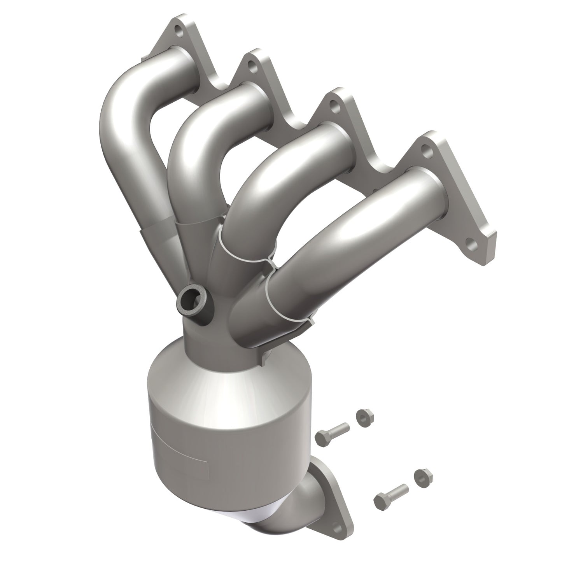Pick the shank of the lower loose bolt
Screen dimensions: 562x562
point(397,492)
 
